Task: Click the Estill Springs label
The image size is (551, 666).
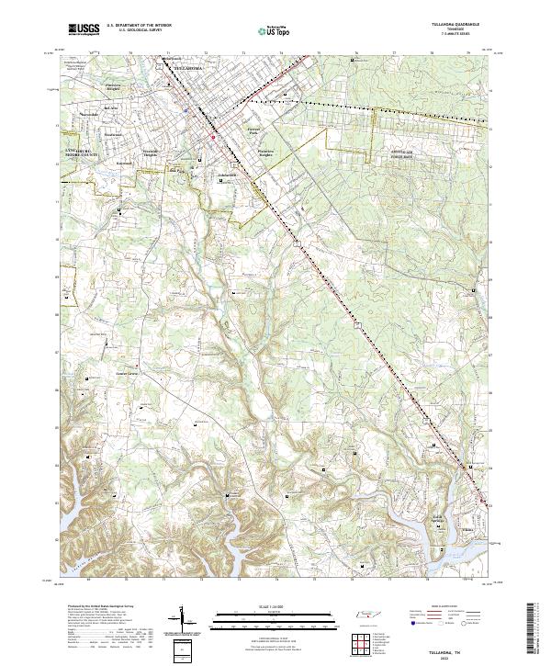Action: coord(441,520)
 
